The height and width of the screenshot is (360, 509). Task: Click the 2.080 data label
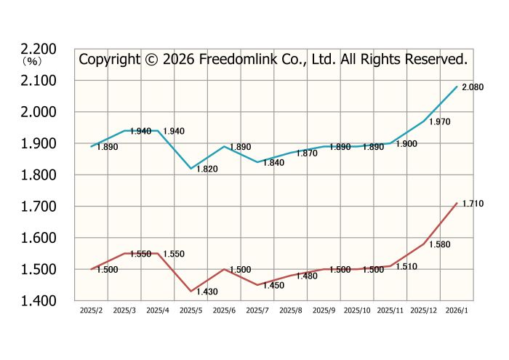473,87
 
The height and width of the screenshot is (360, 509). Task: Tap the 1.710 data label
473,204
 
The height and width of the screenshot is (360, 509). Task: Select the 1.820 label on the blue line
207,169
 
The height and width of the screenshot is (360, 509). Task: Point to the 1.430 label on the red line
207,292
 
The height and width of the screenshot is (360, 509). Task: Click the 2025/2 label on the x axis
91,311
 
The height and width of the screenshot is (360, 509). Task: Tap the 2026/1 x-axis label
457,311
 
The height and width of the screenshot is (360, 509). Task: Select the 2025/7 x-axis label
257,311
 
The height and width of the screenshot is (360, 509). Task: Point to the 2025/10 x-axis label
357,311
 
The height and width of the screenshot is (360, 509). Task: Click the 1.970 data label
440,122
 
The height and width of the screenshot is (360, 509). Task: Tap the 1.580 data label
440,245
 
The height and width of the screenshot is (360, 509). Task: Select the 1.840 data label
273,163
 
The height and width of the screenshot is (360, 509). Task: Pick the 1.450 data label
273,286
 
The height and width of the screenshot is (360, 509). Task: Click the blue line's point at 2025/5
191,169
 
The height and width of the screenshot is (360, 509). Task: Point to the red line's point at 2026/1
457,203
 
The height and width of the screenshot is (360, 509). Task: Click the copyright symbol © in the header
151,59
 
